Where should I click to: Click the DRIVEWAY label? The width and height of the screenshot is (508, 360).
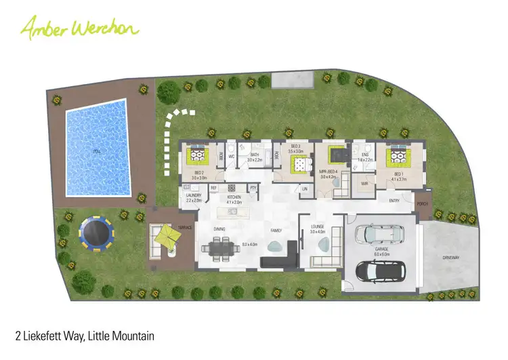pyautogui.click(x=450, y=258)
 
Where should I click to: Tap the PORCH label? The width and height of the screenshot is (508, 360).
pyautogui.click(x=422, y=203)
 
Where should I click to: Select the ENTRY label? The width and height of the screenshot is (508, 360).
pyautogui.click(x=394, y=201)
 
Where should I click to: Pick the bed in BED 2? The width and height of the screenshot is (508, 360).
pyautogui.click(x=198, y=156)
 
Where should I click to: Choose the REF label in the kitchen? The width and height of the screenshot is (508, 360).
pyautogui.click(x=213, y=188)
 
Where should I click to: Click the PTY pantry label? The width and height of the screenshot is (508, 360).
pyautogui.click(x=253, y=188)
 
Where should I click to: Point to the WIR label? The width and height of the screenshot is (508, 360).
pyautogui.click(x=364, y=183)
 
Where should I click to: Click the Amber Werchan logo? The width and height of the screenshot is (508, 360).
pyautogui.click(x=79, y=28)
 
